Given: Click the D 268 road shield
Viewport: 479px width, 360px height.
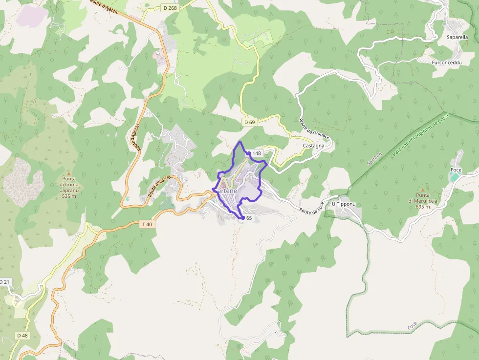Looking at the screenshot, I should (169, 8).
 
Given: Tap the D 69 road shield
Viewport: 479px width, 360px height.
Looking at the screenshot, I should (249, 122).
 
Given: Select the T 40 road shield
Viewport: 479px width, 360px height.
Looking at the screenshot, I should (147, 224).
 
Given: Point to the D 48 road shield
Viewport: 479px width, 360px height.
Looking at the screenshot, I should (22, 336).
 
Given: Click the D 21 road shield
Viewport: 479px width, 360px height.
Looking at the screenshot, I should (4, 282).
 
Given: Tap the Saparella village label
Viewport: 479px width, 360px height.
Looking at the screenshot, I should (457, 37).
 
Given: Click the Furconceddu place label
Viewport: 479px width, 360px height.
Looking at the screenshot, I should (444, 63).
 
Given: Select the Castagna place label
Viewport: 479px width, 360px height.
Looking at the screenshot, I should (314, 146).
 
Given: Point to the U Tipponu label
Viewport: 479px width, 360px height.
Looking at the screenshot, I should (342, 204).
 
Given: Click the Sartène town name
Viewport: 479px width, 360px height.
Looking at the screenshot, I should (226, 191).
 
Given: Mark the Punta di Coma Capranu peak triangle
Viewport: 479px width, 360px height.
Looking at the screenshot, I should (69, 173).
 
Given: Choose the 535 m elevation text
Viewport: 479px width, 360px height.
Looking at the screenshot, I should (69, 196).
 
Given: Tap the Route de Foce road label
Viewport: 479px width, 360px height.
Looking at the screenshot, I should (312, 211).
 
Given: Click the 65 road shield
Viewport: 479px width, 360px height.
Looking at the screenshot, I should (249, 218).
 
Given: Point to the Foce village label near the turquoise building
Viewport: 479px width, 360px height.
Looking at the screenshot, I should (456, 169).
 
